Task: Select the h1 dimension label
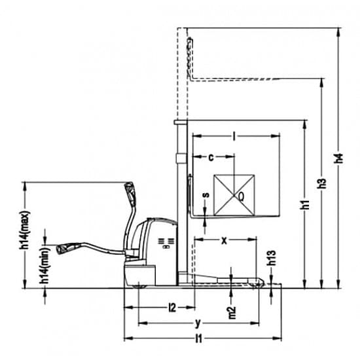[305, 204]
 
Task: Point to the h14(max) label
[25, 230]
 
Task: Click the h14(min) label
[45, 265]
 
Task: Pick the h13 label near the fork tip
[272, 258]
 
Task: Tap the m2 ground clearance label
[232, 312]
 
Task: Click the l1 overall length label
[199, 338]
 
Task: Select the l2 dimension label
[172, 308]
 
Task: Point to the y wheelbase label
[198, 323]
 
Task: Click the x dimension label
[224, 240]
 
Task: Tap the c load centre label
[211, 158]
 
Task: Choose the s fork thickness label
[206, 194]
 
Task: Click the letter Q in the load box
[241, 196]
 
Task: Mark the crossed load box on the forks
[234, 195]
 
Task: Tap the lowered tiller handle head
[67, 248]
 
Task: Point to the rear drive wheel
[139, 285]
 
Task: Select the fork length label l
[234, 136]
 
